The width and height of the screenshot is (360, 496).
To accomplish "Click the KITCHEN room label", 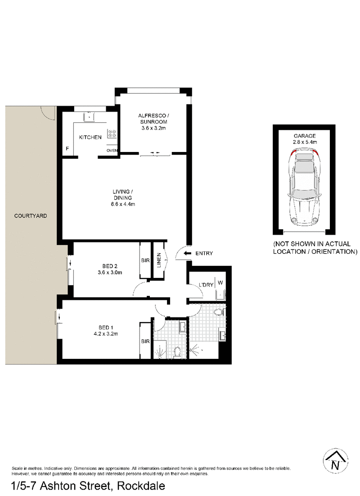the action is tap(90, 137).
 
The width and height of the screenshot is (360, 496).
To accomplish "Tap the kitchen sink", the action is tap(89, 117).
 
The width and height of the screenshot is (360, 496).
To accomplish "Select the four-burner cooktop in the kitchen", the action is tap(112, 134).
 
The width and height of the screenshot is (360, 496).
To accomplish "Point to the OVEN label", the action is tap(112, 151).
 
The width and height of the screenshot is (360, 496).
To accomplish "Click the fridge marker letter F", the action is tap(67, 149).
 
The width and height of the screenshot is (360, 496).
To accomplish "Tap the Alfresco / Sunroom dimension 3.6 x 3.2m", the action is tap(153, 128).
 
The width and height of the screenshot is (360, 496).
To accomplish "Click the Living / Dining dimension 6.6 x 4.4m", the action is tap(123, 204).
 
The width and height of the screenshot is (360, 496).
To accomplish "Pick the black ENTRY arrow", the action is tap(188, 253).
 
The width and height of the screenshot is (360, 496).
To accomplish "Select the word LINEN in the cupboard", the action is tap(159, 260).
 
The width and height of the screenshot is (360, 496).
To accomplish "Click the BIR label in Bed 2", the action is tap(145, 260).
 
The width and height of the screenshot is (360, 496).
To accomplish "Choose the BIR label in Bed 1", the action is tap(145, 341).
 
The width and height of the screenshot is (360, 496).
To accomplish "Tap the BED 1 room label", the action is tap(106, 328).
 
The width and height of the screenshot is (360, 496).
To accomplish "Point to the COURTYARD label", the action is tap(31, 216).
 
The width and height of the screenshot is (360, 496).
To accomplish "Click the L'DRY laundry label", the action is tap(206, 285).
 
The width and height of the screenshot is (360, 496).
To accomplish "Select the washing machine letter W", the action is tap(220, 282).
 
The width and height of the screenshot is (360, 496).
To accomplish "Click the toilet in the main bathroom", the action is tap(218, 313).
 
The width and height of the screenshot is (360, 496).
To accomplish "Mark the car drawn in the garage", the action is tap(304, 188).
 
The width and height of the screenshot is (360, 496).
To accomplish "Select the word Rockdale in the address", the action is tap(141, 486).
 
